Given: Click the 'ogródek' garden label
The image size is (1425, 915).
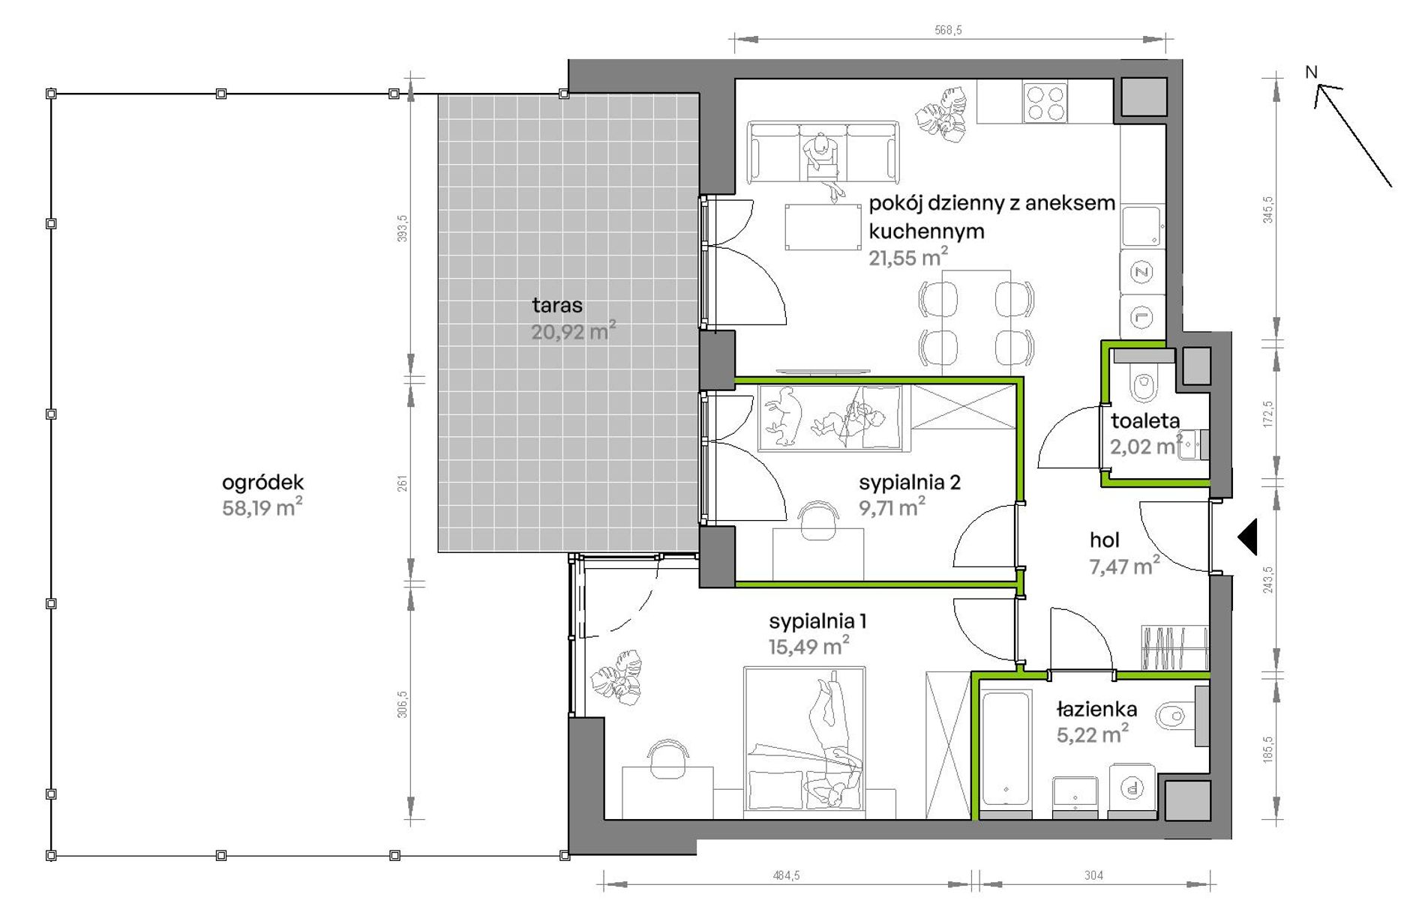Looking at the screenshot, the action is click(x=262, y=483).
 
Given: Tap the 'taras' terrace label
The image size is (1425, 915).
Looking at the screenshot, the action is click(x=557, y=306).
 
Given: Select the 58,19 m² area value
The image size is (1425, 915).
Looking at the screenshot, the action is click(x=262, y=507).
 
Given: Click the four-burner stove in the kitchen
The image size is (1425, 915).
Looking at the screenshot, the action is click(x=1045, y=103).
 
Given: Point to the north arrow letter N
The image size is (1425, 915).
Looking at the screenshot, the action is click(x=1311, y=72).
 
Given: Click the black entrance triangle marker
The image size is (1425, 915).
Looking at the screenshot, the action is click(x=1247, y=537).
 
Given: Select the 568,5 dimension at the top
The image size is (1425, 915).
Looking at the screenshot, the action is click(x=948, y=30).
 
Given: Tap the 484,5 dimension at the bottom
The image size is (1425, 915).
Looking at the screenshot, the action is click(x=786, y=875).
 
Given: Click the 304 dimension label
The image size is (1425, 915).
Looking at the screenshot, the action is click(x=1093, y=875).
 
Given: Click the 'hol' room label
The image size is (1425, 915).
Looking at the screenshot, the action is click(x=1105, y=540).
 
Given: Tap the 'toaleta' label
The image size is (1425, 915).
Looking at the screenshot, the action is click(x=1145, y=421).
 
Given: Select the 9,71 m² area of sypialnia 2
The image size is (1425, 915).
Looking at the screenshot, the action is click(x=892, y=507).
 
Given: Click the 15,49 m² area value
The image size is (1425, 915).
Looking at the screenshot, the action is click(x=808, y=645).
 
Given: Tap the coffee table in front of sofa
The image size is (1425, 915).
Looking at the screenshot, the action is click(x=823, y=226).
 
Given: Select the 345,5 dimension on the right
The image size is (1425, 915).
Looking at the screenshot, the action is click(x=1268, y=210).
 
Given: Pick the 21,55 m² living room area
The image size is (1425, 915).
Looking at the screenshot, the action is click(x=908, y=257).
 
